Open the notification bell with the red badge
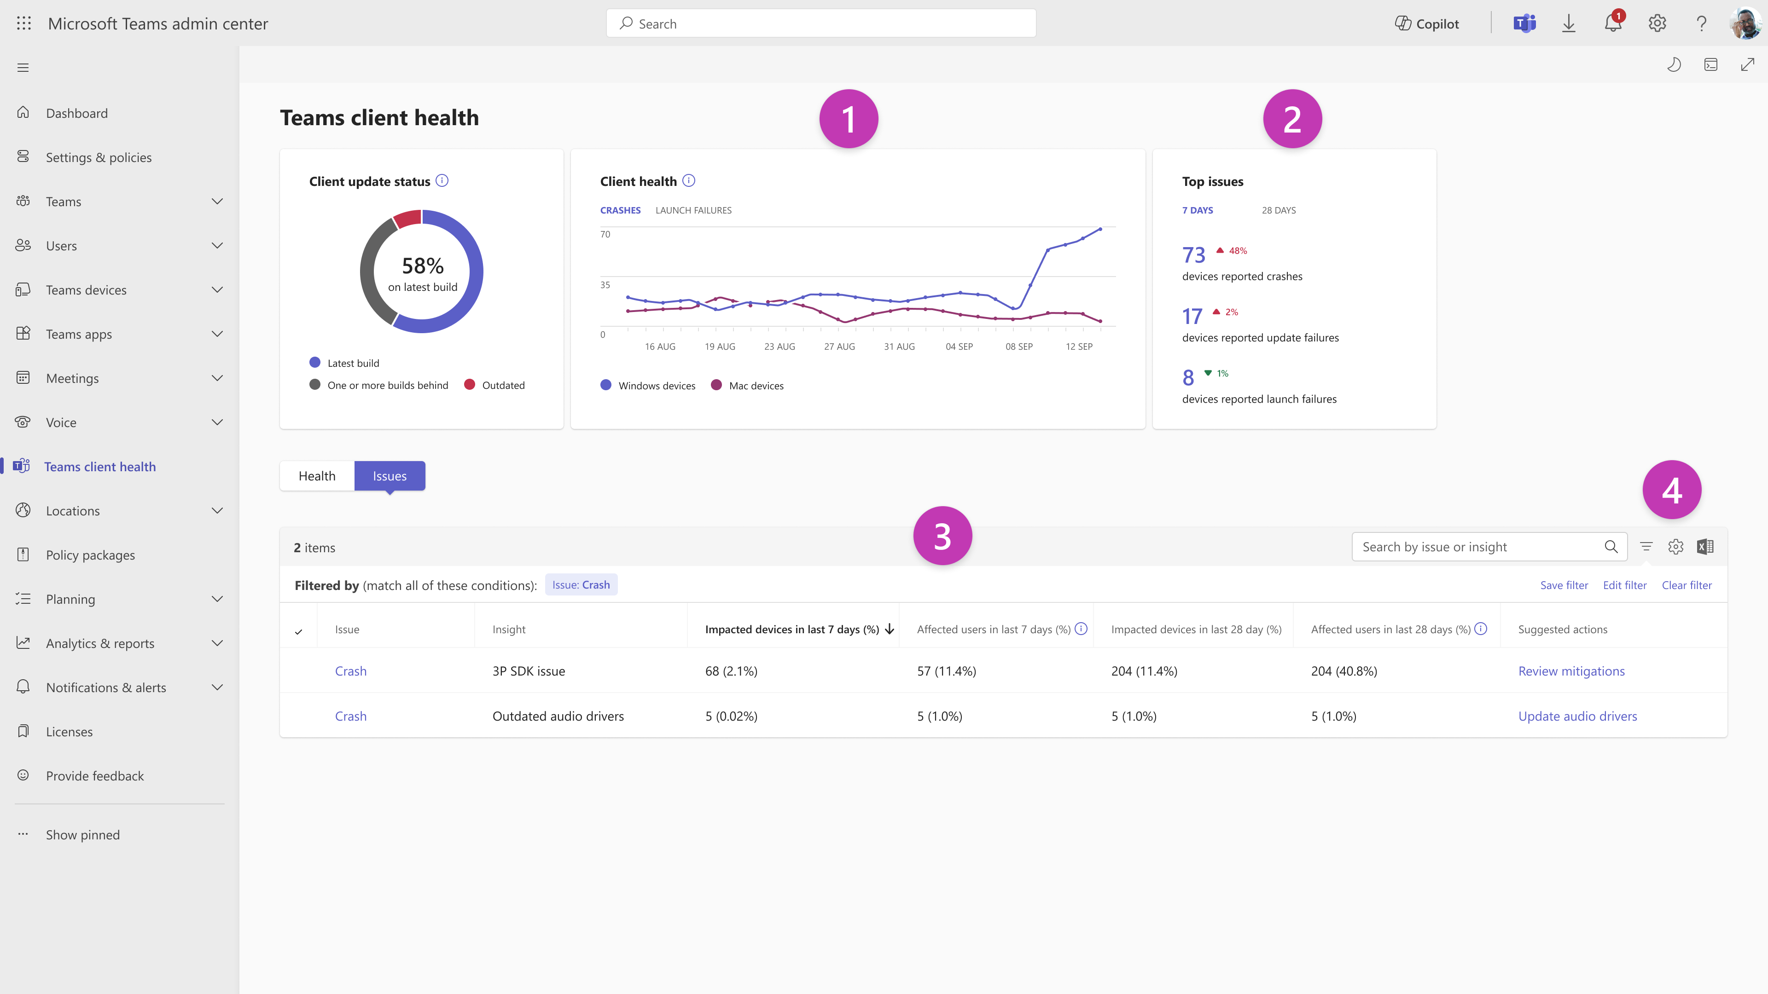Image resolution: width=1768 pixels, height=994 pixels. point(1612,24)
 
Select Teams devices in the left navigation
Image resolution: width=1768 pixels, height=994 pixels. point(86,290)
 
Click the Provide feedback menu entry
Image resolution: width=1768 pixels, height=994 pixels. point(95,776)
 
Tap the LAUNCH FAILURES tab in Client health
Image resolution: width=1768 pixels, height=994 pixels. point(693,211)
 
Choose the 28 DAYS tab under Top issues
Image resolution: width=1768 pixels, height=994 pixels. point(1279,211)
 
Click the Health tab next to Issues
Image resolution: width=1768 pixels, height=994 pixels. point(317,476)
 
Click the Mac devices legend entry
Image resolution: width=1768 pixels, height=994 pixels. point(756,386)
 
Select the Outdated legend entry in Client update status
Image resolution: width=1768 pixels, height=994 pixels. point(502,386)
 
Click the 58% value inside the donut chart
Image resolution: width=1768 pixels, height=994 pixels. point(423,266)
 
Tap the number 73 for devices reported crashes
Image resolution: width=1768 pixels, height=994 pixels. point(1193,255)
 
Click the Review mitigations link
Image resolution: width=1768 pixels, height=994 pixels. point(1571,671)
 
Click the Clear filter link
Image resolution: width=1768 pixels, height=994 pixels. point(1687,585)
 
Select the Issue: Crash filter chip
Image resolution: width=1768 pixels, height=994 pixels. point(581,585)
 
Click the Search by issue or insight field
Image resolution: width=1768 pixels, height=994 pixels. point(1479,547)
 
